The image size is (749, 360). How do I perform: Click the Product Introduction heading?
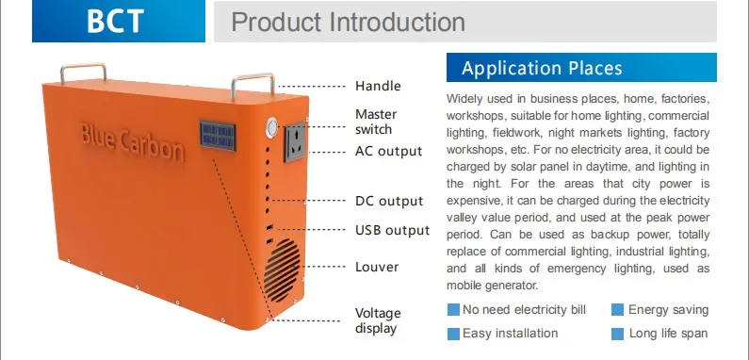pyautogui.click(x=348, y=23)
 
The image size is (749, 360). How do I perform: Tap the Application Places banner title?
pyautogui.click(x=542, y=69)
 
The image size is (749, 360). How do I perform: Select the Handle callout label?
pyautogui.click(x=378, y=86)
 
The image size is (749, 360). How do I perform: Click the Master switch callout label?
pyautogui.click(x=375, y=122)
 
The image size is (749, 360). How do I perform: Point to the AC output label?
pyautogui.click(x=388, y=151)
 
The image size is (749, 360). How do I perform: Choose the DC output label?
pyautogui.click(x=388, y=201)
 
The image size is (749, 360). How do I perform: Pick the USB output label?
pyautogui.click(x=392, y=230)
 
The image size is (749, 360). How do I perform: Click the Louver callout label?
pyautogui.click(x=377, y=267)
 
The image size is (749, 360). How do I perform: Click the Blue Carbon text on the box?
pyautogui.click(x=133, y=140)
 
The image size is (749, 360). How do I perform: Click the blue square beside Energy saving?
pyautogui.click(x=618, y=310)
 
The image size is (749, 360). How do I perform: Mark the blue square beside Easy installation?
pyautogui.click(x=453, y=334)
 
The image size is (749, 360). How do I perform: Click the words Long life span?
pyautogui.click(x=668, y=334)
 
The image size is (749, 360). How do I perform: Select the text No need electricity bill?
pyautogui.click(x=525, y=310)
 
